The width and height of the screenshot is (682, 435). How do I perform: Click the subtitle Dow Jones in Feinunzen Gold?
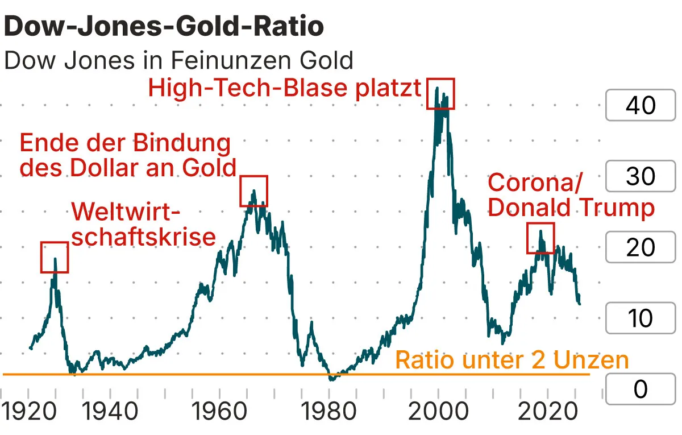pos(178,60)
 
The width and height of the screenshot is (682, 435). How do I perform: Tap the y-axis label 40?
pos(641,105)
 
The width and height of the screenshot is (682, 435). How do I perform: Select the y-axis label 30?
pos(641,176)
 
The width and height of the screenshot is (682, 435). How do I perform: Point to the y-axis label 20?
pos(641,247)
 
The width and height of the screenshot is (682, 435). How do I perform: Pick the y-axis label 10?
pos(641,318)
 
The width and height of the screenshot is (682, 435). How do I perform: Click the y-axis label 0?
pos(641,390)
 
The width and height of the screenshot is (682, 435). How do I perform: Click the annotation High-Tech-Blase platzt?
pos(284,89)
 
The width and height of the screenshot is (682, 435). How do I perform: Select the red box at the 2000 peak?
pos(441,93)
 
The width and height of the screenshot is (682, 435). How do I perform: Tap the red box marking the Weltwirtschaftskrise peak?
pos(55,257)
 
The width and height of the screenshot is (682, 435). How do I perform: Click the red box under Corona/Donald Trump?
pos(540,238)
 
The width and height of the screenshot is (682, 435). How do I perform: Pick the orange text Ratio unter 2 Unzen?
pos(511,360)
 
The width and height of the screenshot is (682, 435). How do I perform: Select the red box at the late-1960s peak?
pos(253,191)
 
